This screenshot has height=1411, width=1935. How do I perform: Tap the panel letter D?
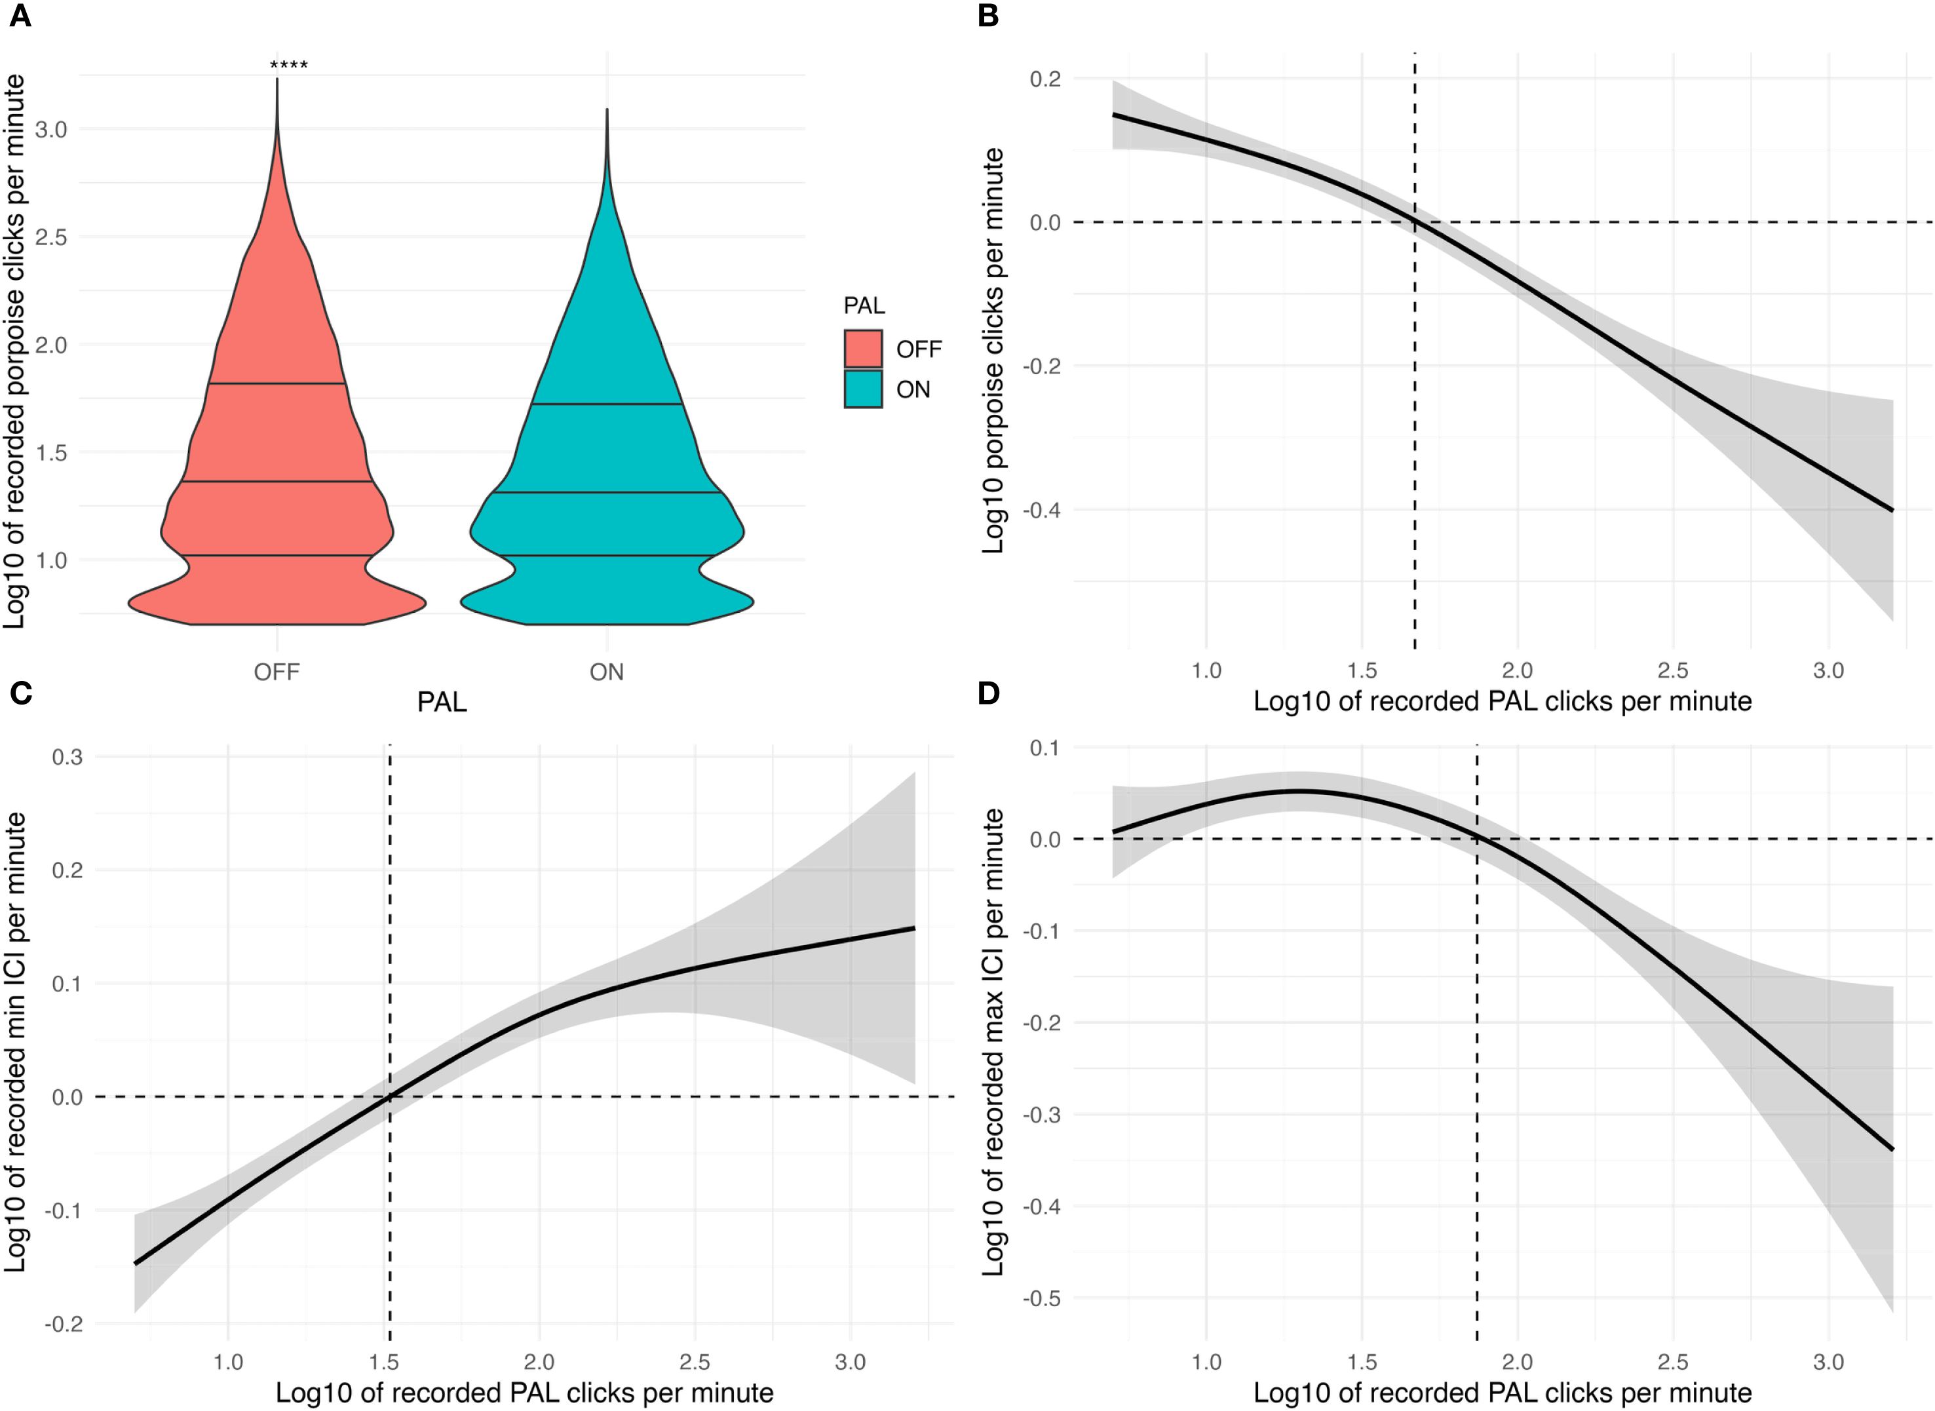coord(988,693)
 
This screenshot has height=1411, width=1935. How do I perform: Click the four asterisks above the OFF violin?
coord(288,66)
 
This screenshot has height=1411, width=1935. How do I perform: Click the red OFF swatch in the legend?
coord(862,349)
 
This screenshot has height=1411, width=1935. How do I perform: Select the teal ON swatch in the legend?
coord(862,389)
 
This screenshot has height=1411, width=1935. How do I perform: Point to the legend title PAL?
coord(864,306)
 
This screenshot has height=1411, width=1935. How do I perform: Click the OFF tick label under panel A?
coord(277,672)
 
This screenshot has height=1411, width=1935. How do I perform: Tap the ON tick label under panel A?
coord(606,672)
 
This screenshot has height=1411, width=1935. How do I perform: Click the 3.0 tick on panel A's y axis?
coord(50,129)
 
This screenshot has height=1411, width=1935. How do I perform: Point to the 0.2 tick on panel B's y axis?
coord(1045,79)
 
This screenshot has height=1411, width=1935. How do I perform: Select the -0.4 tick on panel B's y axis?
coord(1041,511)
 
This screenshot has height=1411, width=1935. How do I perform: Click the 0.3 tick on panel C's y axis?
coord(67,757)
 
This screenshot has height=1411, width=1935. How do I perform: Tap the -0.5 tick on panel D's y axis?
coord(1041,1299)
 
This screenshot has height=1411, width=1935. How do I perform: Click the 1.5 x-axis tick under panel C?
coord(383,1361)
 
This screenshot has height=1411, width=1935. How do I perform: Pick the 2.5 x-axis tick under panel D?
coord(1673,1361)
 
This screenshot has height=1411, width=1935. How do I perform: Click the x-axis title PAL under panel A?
coord(442,702)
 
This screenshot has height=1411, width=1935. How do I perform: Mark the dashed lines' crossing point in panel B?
coord(1415,222)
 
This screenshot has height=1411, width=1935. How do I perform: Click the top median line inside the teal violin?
coord(606,404)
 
